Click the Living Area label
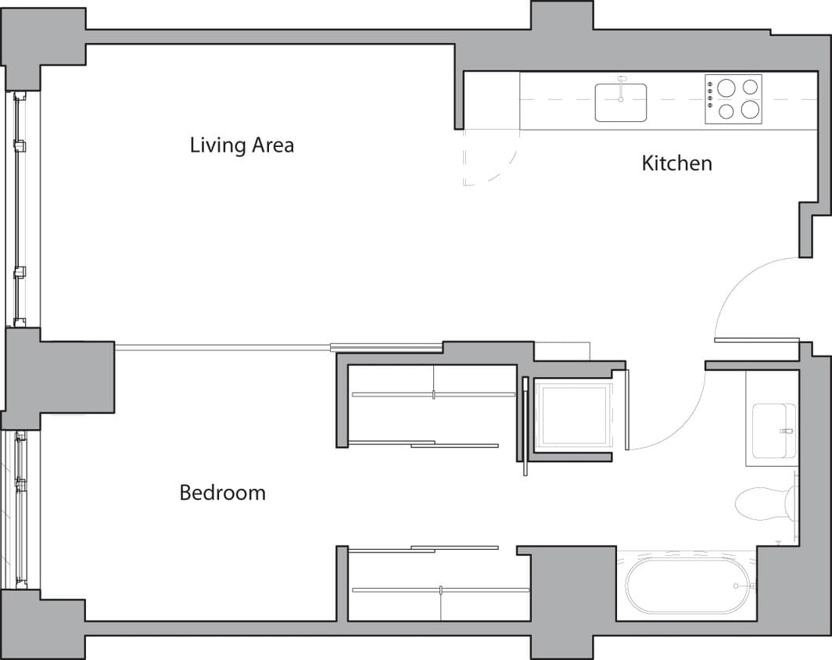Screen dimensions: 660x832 (x=242, y=145)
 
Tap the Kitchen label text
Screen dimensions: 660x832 (x=676, y=163)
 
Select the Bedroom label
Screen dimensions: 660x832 (x=222, y=493)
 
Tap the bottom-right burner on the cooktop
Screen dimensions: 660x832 (x=750, y=110)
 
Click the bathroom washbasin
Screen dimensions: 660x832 (x=772, y=431)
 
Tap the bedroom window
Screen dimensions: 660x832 (x=21, y=509)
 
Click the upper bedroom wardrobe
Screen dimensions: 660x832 (x=430, y=405)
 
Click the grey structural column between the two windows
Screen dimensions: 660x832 (x=59, y=378)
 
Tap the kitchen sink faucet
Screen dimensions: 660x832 (x=622, y=83)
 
